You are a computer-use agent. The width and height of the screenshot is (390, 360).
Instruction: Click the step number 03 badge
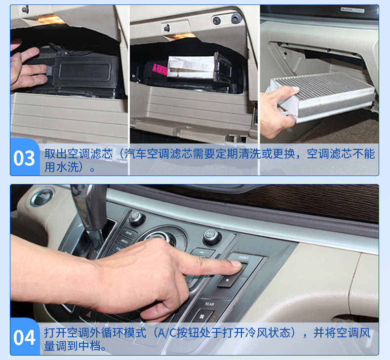point(24,157)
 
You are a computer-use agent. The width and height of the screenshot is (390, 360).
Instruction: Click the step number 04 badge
point(24,337)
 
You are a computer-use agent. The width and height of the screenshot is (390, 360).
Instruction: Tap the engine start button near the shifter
point(42,198)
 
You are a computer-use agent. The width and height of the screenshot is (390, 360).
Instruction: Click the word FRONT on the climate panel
point(243,257)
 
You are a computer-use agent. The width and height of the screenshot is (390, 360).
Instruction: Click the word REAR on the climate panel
point(209,304)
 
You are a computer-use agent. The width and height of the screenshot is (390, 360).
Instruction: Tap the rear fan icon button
point(202,316)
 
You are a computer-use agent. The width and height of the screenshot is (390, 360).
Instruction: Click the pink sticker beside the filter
point(159,70)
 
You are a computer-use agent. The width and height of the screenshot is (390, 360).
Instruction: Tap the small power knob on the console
point(136,217)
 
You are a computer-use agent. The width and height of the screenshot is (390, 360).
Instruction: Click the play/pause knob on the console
point(211,236)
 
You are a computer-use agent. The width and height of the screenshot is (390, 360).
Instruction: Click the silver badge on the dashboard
point(352,10)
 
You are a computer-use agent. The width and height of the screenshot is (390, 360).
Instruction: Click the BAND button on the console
point(128,233)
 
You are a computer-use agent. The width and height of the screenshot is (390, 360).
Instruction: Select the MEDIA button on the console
point(124,241)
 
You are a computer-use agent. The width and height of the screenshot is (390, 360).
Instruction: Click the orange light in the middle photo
point(180,36)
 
